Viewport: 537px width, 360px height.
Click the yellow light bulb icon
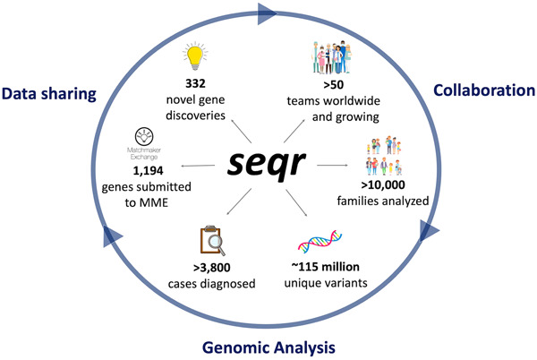195,56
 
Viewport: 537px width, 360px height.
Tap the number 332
195,83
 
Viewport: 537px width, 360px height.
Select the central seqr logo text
266,164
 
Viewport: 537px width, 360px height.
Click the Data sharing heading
49,93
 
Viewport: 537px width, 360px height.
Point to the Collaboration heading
484,90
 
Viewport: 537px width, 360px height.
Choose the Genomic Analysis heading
268,347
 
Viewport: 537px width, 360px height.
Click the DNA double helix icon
320,242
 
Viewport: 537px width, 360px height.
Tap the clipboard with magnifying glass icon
213,241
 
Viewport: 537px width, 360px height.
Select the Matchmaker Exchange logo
144,144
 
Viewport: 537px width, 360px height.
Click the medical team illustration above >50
332,57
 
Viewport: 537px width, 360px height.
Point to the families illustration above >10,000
384,156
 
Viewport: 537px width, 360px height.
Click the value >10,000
383,185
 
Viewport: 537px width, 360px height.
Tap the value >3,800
211,268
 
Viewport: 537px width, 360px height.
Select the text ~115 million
326,267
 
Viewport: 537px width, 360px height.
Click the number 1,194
148,170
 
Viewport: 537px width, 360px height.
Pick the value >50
333,84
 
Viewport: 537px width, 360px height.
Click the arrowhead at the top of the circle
267,13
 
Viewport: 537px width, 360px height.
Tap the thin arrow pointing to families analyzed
332,165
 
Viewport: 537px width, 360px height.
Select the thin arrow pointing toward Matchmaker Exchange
198,166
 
